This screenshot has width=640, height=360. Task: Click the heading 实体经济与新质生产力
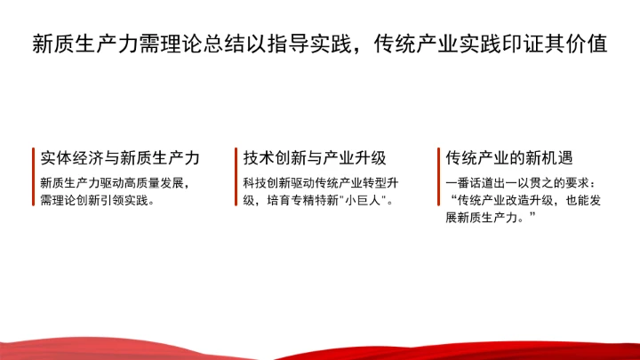point(119,157)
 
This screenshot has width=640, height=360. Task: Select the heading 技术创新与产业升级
point(315,157)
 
